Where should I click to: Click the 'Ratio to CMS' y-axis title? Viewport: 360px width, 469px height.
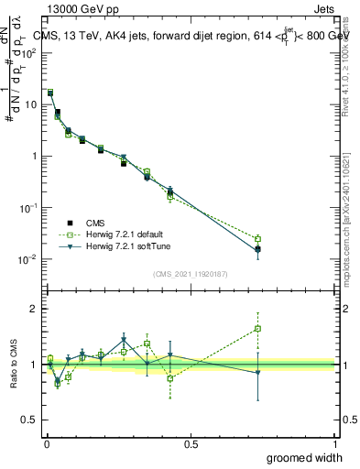[x=14, y=365]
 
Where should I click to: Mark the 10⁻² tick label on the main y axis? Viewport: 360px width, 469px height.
[x=27, y=259]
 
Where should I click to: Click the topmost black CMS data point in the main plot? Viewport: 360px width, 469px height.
[x=50, y=93]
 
